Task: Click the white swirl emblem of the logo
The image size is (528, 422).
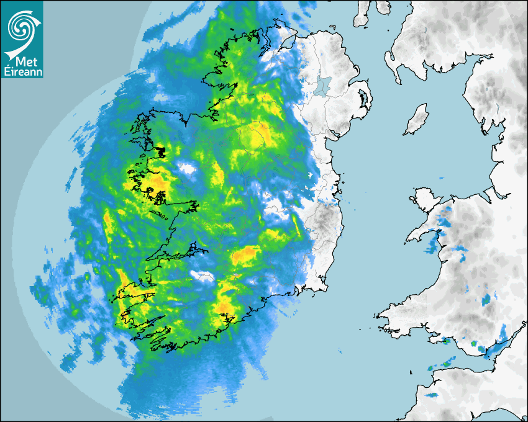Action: [21, 26]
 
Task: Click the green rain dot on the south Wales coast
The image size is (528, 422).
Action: [475, 343]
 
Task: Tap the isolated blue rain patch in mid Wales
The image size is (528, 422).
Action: [488, 301]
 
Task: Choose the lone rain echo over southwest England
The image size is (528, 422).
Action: [431, 393]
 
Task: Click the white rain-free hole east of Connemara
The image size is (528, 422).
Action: [186, 168]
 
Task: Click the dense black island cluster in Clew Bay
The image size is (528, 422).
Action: [161, 151]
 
